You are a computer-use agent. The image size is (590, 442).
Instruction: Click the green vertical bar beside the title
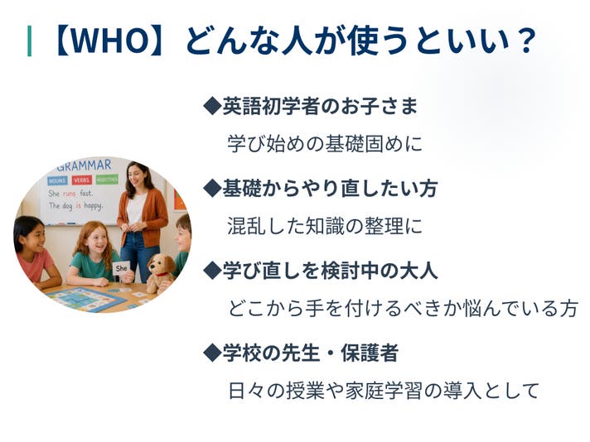[x=29, y=41]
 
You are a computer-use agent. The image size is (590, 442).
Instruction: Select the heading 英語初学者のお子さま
[x=320, y=106]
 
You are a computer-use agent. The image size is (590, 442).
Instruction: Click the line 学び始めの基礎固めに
[x=325, y=144]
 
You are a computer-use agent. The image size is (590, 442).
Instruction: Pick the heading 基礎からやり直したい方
[x=330, y=188]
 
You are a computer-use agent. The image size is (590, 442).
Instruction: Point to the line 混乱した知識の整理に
[x=325, y=226]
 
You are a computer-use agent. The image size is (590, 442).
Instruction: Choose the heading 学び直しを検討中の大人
[x=330, y=270]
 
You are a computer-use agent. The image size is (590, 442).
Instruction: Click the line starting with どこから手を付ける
[x=403, y=308]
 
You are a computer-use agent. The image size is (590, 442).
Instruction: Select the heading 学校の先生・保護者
[x=311, y=353]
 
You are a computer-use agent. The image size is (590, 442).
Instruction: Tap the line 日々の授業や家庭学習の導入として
[x=384, y=391]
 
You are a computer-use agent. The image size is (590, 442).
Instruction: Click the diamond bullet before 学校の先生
[x=212, y=353]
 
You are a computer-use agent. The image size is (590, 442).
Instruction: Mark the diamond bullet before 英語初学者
[x=212, y=106]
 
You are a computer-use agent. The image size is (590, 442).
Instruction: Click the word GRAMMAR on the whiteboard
[x=85, y=166]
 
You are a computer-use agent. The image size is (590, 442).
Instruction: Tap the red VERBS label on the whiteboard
[x=82, y=180]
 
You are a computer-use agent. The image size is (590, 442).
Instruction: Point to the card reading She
[x=121, y=268]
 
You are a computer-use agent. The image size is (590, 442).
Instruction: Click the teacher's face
[x=135, y=175]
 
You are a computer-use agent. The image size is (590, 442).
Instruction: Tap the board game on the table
[x=86, y=299]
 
